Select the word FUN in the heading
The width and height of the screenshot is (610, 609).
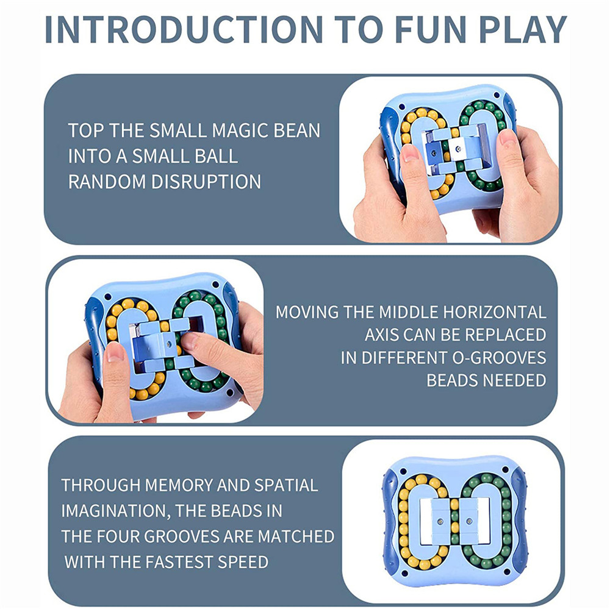(x=429, y=29)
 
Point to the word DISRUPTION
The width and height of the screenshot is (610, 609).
(x=206, y=182)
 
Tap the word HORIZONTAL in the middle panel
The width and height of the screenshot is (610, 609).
(x=495, y=312)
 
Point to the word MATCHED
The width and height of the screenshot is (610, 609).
(x=296, y=536)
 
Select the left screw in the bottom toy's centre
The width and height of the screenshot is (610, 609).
(x=440, y=521)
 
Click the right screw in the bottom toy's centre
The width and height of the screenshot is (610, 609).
(x=469, y=521)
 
